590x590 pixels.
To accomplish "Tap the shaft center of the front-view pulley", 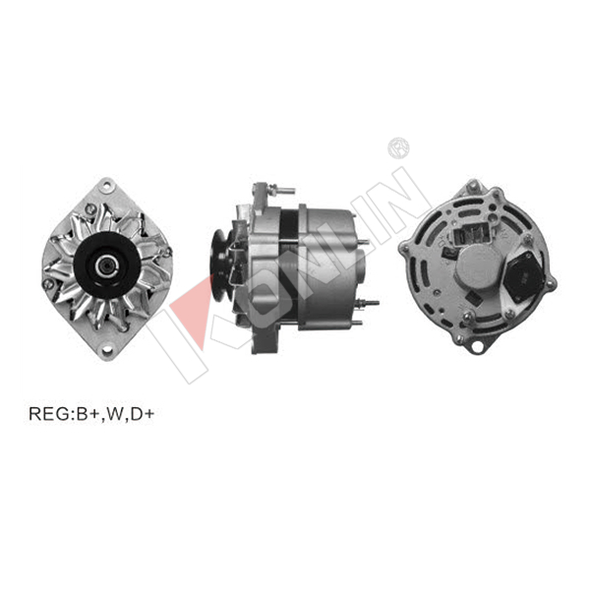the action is click(x=105, y=266).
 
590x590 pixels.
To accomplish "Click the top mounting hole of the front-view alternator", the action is click(x=107, y=185).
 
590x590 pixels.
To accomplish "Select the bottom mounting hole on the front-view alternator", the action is click(x=107, y=350).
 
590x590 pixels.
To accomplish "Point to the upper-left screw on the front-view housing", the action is click(x=89, y=207).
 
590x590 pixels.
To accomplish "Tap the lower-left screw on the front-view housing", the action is click(x=48, y=284).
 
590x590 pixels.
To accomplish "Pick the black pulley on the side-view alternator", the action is click(x=219, y=265).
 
